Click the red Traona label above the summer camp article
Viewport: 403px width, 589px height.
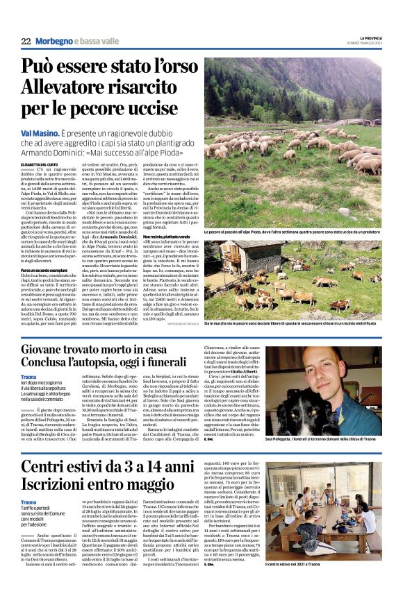coord(28,502)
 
